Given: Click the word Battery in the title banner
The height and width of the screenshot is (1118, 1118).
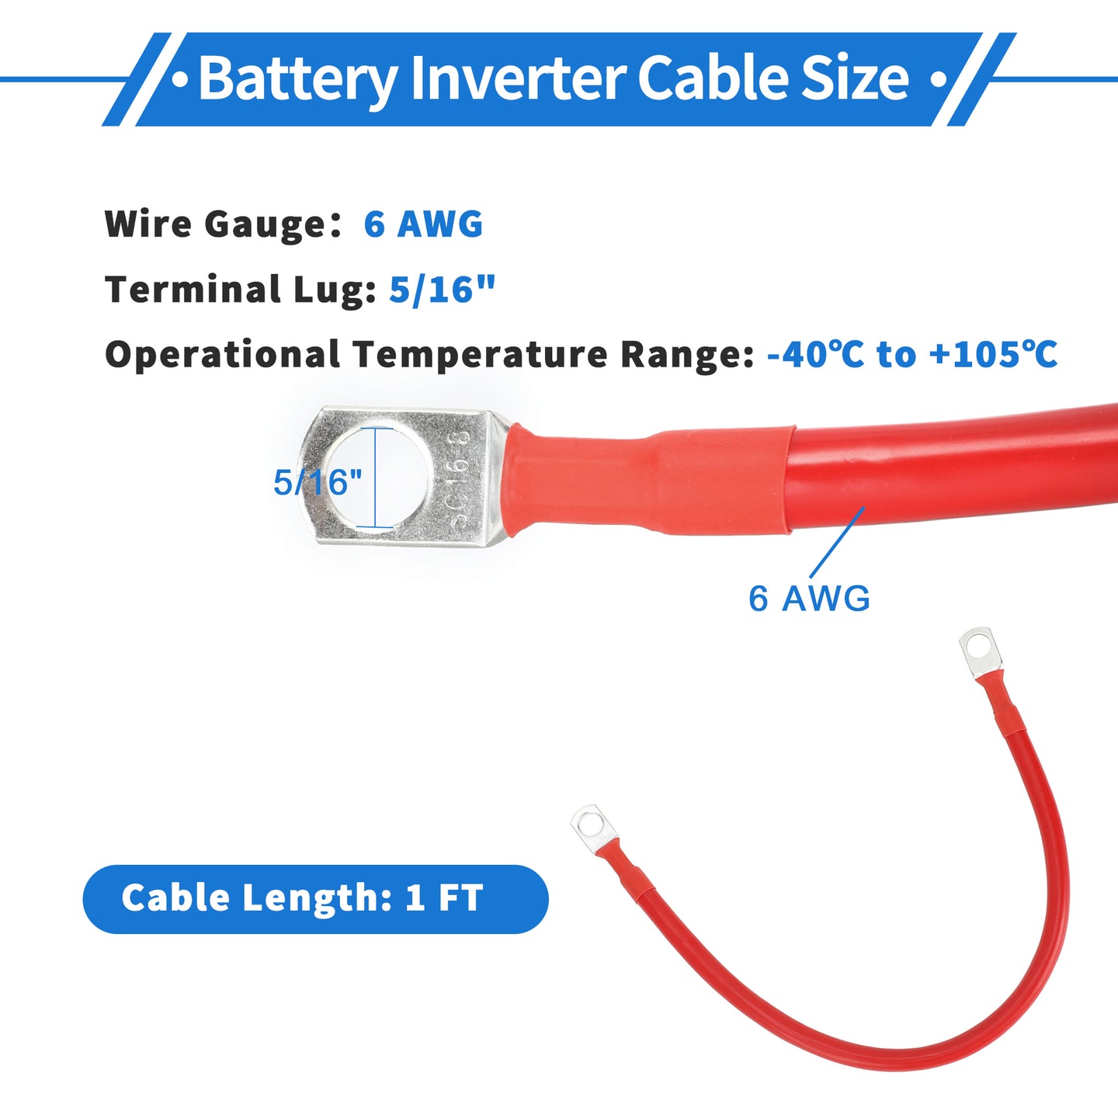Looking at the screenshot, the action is pyautogui.click(x=298, y=79).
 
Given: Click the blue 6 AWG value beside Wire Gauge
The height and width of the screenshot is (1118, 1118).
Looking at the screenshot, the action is pyautogui.click(x=423, y=224).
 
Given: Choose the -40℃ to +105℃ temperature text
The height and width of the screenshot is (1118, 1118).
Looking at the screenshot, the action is pyautogui.click(x=912, y=354).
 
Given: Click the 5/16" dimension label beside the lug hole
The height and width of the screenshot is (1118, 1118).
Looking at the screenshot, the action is pyautogui.click(x=318, y=481).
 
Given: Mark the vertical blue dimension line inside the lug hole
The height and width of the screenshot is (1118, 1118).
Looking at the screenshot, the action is pyautogui.click(x=375, y=477).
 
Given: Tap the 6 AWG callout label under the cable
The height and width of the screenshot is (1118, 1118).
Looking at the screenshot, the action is pyautogui.click(x=809, y=598).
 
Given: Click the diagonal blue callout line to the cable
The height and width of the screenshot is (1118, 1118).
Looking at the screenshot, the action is pyautogui.click(x=837, y=543).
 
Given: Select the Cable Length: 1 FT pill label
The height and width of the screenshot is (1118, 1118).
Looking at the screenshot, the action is pyautogui.click(x=316, y=899).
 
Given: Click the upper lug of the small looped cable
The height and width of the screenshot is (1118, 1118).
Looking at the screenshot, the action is pyautogui.click(x=980, y=651).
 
